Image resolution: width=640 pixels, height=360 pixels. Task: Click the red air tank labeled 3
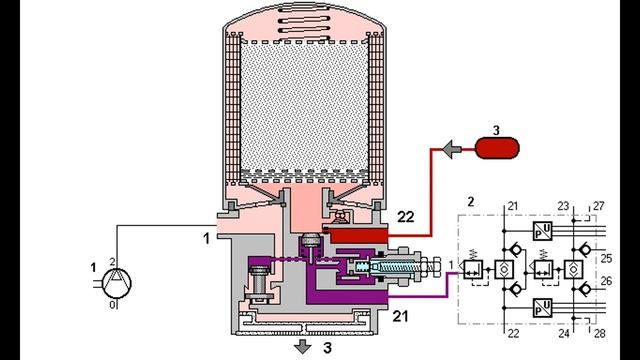498,148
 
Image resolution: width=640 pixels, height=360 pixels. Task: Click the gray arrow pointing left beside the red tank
452,150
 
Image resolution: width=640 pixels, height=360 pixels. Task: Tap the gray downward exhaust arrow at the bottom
302,347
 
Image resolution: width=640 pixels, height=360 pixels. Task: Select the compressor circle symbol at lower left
117,282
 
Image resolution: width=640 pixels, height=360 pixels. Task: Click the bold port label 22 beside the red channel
405,217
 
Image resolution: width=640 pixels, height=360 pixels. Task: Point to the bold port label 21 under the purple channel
400,316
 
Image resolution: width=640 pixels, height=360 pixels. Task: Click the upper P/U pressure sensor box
543,231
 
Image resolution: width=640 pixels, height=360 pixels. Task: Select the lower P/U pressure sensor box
543,308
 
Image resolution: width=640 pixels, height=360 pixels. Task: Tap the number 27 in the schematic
598,206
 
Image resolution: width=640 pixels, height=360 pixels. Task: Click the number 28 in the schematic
599,333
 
